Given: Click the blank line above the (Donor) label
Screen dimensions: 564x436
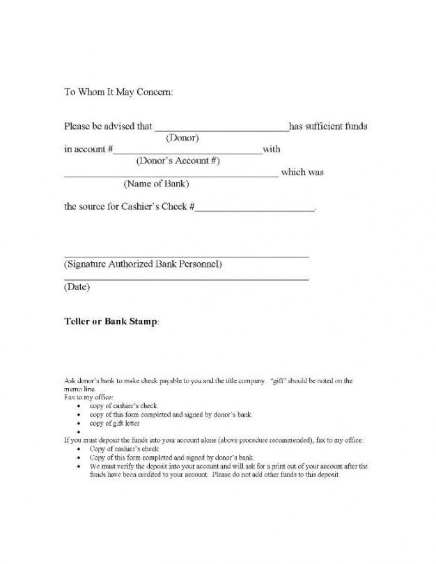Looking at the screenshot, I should coord(220,130).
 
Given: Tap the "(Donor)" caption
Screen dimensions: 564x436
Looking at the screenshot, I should coord(182,138).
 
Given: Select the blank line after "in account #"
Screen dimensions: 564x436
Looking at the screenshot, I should coord(187,153).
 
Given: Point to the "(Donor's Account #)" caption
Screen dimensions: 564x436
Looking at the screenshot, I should coord(178,161).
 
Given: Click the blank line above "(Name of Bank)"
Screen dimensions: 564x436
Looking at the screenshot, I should coord(171,177).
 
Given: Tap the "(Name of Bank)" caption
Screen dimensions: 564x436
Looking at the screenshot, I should coord(156,184).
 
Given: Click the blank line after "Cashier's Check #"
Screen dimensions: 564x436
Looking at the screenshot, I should coord(254,210).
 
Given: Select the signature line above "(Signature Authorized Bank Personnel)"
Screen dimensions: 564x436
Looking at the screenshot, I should coord(186,257).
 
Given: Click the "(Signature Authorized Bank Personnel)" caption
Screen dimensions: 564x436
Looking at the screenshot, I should coord(143,265).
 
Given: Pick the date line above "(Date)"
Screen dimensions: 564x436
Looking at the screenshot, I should coord(186,280).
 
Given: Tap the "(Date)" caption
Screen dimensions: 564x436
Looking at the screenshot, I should coord(77,287).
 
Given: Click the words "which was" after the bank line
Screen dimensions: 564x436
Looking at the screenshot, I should coord(302,172).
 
